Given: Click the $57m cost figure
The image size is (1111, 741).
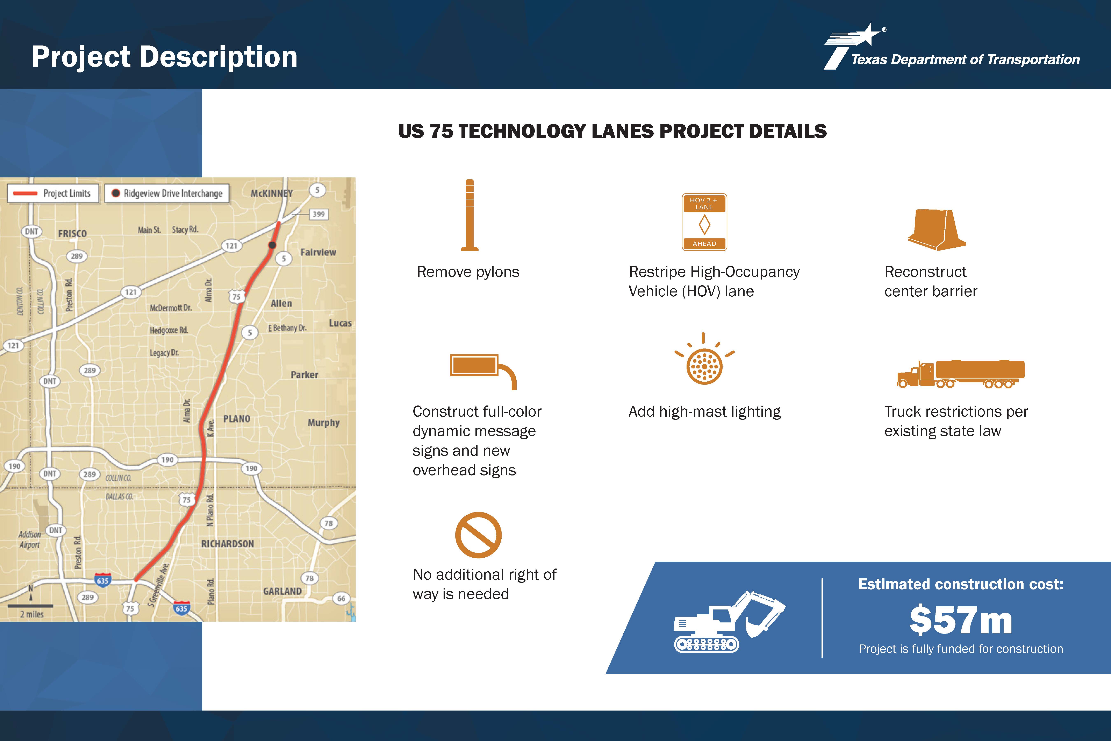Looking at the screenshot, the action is (x=961, y=620).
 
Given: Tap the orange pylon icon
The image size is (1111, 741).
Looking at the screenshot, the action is (x=470, y=215).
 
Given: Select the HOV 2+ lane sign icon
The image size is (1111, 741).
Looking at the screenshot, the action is (x=704, y=222).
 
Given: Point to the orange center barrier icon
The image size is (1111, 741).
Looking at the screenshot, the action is (x=937, y=230).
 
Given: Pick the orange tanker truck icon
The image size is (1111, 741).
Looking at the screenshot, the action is (x=961, y=374).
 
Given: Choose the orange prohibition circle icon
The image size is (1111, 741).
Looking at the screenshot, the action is (x=478, y=535).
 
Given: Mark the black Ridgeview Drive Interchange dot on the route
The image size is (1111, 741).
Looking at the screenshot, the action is (x=272, y=245).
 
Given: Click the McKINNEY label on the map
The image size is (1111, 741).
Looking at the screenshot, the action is (x=272, y=193).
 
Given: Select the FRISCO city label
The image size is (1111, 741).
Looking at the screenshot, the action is (x=72, y=233).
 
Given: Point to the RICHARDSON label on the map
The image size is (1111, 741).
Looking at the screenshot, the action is (x=227, y=544).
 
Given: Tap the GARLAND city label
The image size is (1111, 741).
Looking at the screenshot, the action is (x=282, y=591).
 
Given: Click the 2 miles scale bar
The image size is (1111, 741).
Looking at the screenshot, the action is (x=30, y=605).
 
